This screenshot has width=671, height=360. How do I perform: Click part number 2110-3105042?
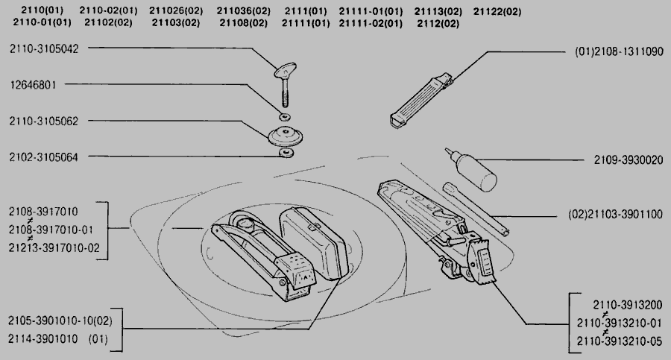(44, 48)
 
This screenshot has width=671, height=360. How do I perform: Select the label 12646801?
(33, 85)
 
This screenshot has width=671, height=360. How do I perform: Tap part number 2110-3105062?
(44, 121)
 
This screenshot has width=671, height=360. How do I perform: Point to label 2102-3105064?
(44, 157)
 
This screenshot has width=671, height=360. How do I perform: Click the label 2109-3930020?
(629, 160)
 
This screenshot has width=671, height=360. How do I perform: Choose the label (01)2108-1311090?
(619, 51)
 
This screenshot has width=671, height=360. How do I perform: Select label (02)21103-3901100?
(615, 214)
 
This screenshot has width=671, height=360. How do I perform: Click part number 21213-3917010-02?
(54, 248)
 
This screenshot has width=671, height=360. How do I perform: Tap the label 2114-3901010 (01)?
(58, 339)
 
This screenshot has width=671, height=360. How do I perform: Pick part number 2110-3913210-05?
(620, 341)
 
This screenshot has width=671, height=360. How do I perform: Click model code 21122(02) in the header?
(497, 12)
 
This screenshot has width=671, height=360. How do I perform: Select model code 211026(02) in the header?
(176, 10)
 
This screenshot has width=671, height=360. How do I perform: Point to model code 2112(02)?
(438, 23)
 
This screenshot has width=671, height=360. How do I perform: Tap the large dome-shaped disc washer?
(285, 136)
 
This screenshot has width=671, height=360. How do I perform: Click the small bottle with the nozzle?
(472, 169)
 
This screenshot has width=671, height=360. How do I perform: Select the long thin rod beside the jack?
(476, 209)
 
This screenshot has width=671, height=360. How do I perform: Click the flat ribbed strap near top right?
(421, 101)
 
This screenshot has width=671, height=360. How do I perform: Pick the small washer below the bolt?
(285, 116)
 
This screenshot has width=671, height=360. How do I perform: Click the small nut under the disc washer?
(286, 153)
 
